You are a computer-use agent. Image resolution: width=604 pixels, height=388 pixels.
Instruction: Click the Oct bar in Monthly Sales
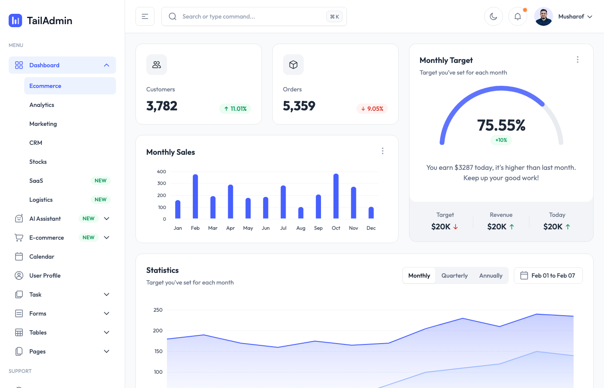[336, 196]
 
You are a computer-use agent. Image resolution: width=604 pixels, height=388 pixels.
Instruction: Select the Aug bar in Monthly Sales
[301, 213]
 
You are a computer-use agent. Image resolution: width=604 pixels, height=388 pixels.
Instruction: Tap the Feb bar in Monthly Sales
[195, 197]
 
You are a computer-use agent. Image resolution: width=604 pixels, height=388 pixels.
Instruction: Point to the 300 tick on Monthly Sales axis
[162, 183]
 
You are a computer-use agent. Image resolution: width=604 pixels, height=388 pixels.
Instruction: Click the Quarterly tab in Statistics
[454, 275]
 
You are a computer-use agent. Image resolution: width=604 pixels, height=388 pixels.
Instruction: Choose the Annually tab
[491, 275]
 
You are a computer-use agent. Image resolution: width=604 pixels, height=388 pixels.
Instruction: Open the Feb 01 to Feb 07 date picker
[548, 275]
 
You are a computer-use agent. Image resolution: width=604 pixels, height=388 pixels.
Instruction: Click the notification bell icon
[518, 16]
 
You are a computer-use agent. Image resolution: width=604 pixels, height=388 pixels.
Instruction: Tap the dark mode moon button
[494, 16]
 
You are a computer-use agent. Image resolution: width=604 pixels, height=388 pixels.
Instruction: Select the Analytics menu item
[42, 105]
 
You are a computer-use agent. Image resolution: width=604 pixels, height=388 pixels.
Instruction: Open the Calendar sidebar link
[42, 257]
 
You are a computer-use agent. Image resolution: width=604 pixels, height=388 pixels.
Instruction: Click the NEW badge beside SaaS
[101, 181]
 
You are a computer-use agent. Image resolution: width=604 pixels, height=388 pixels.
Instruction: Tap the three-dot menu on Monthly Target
[578, 59]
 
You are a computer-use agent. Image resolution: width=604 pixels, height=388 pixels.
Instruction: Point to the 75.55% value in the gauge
[501, 125]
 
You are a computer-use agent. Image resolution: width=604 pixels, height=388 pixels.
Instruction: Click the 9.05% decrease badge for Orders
[372, 109]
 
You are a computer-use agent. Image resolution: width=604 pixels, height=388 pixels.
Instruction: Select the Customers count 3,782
[162, 106]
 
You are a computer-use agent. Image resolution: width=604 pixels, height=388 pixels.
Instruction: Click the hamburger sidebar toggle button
[145, 16]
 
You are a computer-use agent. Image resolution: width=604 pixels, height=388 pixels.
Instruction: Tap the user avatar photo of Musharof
[544, 16]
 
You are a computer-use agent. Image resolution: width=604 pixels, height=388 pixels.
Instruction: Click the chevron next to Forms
[107, 313]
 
